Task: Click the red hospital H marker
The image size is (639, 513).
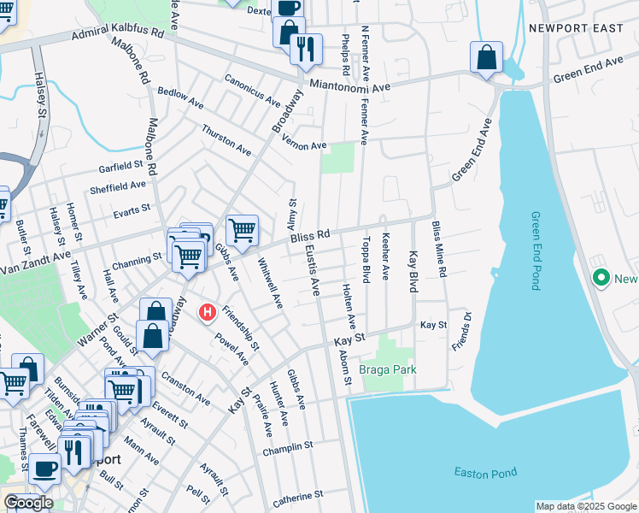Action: [x=207, y=313]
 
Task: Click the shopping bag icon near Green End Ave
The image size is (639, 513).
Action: [x=486, y=58]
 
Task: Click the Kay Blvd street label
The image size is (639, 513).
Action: [x=413, y=273]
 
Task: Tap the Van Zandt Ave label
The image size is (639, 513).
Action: [x=34, y=256]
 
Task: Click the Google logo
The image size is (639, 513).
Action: [x=28, y=502]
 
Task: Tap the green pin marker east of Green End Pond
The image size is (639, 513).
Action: [x=601, y=278]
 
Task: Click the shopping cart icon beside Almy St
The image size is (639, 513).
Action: [x=243, y=229]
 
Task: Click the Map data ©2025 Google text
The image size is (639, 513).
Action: [x=585, y=506]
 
